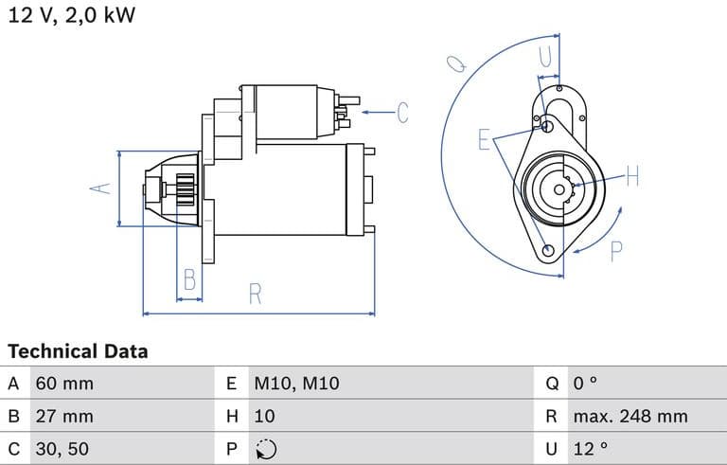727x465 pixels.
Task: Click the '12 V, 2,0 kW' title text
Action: pyautogui.click(x=72, y=16)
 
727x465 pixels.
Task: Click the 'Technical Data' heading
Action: pyautogui.click(x=78, y=351)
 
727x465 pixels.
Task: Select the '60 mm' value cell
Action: pyautogui.click(x=64, y=384)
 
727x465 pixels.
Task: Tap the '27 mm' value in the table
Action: pyautogui.click(x=64, y=416)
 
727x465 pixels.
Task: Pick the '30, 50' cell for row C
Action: pyautogui.click(x=62, y=448)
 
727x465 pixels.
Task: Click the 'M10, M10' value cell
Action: pyautogui.click(x=295, y=384)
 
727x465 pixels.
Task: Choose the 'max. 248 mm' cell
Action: pyautogui.click(x=629, y=416)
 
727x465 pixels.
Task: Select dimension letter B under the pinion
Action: pyautogui.click(x=189, y=279)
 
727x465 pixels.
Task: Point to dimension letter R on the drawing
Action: pyautogui.click(x=255, y=294)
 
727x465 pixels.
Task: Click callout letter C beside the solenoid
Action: pyautogui.click(x=401, y=113)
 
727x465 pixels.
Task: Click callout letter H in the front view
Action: pyautogui.click(x=632, y=176)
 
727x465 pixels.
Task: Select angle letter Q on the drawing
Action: pyautogui.click(x=456, y=63)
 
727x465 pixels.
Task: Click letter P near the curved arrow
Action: pyautogui.click(x=616, y=251)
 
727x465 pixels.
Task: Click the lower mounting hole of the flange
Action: pyautogui.click(x=549, y=250)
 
